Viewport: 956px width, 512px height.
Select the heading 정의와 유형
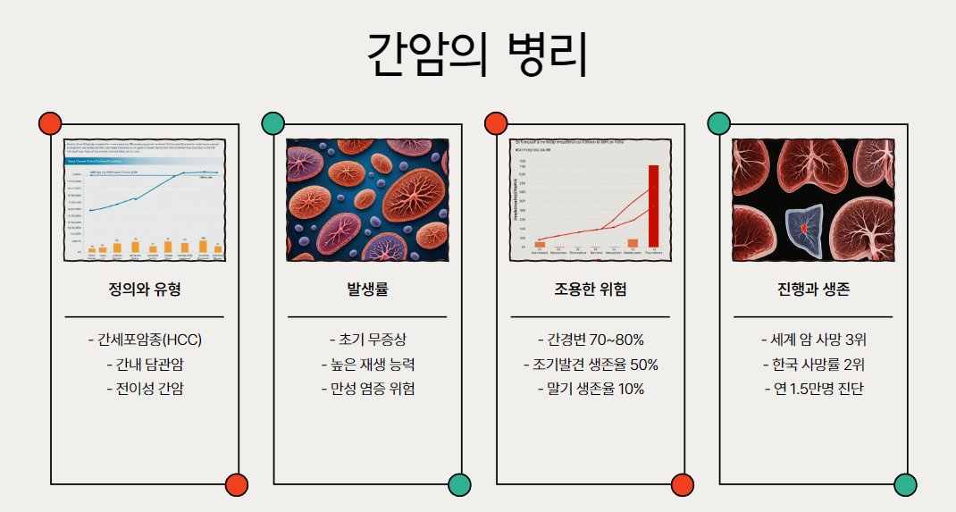click(x=144, y=290)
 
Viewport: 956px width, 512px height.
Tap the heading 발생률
click(x=367, y=290)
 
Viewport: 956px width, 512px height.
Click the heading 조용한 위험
click(x=590, y=290)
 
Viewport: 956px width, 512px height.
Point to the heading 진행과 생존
click(x=813, y=290)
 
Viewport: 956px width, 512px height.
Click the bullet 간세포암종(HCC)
click(x=145, y=340)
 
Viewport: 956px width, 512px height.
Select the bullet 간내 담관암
click(x=145, y=365)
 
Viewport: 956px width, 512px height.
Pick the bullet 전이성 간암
click(x=145, y=389)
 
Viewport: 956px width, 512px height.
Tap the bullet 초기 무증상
click(x=367, y=340)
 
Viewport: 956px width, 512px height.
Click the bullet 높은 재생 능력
click(x=367, y=365)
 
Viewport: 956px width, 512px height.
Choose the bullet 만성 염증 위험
click(x=367, y=389)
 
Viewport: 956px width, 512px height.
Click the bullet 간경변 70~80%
click(x=591, y=340)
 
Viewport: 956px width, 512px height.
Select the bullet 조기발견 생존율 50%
click(x=591, y=365)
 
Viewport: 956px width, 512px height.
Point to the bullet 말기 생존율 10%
click(x=591, y=389)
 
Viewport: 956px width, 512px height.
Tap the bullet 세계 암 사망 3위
click(x=813, y=340)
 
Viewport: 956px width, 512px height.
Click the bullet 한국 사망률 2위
click(x=813, y=365)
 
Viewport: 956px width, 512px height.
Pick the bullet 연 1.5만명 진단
click(x=813, y=389)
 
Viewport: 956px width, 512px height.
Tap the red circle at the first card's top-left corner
click(x=50, y=123)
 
